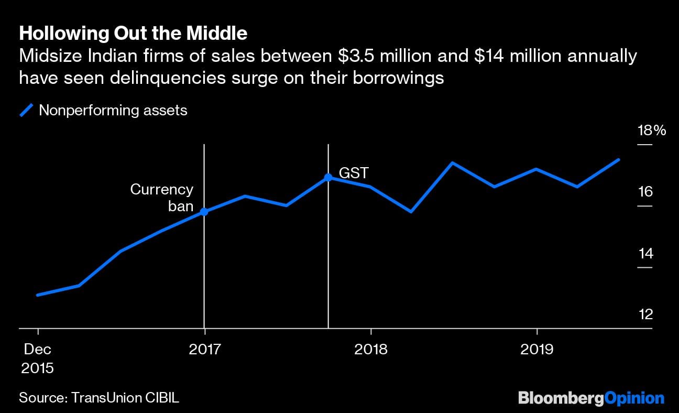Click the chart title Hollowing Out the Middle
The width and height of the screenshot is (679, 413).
(x=133, y=34)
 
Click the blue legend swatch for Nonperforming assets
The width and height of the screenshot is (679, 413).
(x=27, y=111)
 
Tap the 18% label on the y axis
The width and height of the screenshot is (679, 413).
(x=651, y=131)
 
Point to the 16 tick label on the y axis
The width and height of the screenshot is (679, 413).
(x=645, y=192)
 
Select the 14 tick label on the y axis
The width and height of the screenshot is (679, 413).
(x=645, y=254)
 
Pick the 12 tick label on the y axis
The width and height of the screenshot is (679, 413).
(x=645, y=314)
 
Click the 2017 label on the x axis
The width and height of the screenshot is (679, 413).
(x=204, y=349)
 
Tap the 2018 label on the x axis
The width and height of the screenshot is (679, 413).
(x=370, y=349)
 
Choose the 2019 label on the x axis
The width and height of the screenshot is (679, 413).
(x=536, y=349)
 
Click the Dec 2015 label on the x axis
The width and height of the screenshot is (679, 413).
(x=38, y=358)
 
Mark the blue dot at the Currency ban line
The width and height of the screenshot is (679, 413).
(x=204, y=212)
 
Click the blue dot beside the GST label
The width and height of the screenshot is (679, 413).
(x=328, y=177)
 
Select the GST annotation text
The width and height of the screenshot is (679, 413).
(x=354, y=173)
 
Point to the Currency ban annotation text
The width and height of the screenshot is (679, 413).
(x=162, y=198)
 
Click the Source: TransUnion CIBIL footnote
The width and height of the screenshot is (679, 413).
(x=99, y=397)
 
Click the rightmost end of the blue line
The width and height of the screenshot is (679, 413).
(x=619, y=159)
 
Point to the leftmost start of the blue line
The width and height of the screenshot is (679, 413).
(x=38, y=295)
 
